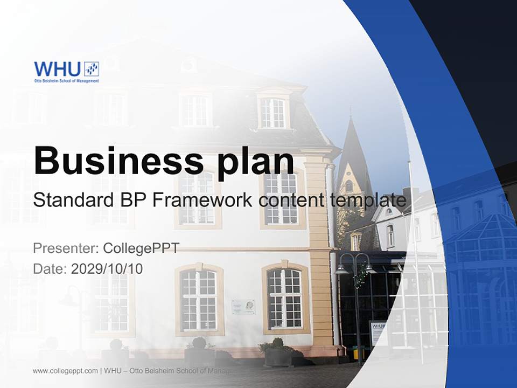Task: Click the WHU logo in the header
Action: click(66, 72)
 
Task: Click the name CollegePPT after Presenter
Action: click(141, 248)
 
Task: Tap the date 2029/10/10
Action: click(107, 268)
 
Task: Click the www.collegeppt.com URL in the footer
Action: click(65, 371)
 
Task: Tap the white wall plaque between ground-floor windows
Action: click(243, 307)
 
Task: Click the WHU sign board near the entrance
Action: click(378, 332)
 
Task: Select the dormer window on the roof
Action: click(273, 112)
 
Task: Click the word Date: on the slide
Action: click(50, 268)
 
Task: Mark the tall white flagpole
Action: click(415, 259)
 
